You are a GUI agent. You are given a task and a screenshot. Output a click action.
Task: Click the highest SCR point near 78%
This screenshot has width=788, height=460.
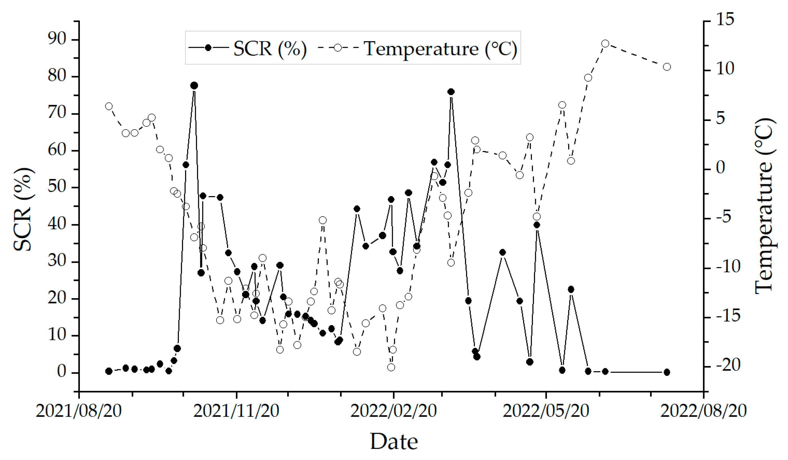pyautogui.click(x=194, y=85)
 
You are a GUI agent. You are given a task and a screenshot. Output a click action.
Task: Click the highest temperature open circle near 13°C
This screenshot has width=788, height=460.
pyautogui.click(x=605, y=43)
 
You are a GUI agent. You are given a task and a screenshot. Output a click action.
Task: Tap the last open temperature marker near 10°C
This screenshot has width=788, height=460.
pyautogui.click(x=667, y=67)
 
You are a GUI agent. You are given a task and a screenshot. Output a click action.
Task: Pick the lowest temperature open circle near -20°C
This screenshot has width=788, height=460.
pyautogui.click(x=391, y=367)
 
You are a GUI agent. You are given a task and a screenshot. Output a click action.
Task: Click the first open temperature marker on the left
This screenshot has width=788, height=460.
pyautogui.click(x=109, y=106)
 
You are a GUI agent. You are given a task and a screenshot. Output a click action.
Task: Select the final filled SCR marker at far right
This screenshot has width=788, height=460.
pyautogui.click(x=667, y=372)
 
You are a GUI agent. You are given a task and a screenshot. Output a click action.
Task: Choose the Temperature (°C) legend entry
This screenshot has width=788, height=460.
pyautogui.click(x=417, y=48)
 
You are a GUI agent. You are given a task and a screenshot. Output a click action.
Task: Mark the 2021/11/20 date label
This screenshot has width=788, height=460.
pyautogui.click(x=236, y=411)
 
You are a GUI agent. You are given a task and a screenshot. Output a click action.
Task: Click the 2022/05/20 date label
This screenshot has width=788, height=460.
pyautogui.click(x=546, y=411)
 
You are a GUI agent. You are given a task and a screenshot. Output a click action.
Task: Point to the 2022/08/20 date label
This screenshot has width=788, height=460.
pyautogui.click(x=704, y=411)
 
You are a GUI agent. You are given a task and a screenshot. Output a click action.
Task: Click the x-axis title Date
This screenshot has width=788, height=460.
pyautogui.click(x=394, y=442)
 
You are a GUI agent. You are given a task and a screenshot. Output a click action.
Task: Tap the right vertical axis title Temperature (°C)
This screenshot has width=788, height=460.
pyautogui.click(x=765, y=206)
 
